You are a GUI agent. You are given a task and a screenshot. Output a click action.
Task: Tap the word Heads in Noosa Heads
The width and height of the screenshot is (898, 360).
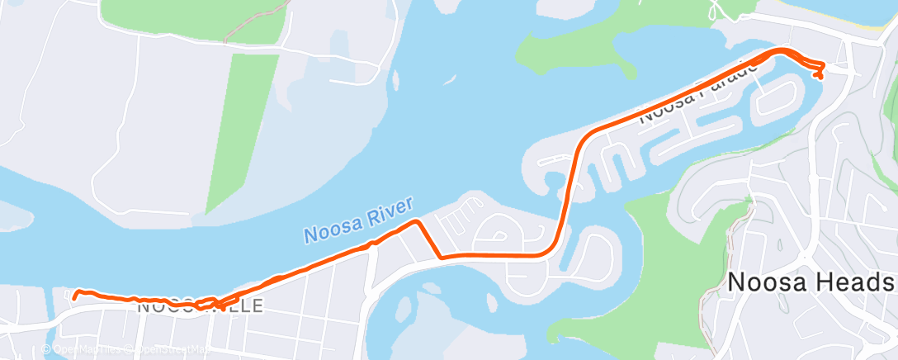pos(855,283)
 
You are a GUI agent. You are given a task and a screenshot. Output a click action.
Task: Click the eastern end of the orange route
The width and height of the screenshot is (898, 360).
pos(819,77)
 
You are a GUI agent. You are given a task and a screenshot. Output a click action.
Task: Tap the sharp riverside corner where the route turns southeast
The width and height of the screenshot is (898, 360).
pos(418,221)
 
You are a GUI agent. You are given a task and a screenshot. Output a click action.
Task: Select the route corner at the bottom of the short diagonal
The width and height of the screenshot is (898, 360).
pos(442,257)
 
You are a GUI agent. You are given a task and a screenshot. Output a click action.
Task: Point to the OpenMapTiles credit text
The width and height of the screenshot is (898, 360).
pos(83,349)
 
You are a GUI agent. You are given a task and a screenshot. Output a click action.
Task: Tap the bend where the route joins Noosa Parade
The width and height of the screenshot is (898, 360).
pos(588,134)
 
